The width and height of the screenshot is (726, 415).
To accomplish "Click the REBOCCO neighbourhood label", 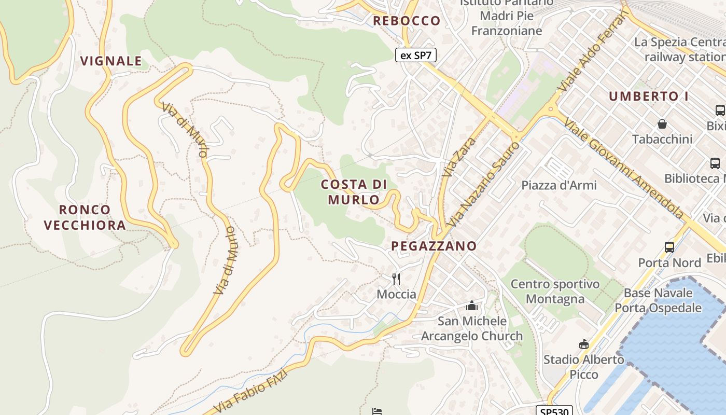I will [407, 21].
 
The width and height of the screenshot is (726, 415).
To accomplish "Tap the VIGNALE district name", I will [111, 61].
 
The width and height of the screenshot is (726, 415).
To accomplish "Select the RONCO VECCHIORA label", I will [85, 217].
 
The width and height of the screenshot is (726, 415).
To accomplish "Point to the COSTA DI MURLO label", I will [354, 192].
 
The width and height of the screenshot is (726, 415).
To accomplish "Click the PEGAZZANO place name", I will [434, 246].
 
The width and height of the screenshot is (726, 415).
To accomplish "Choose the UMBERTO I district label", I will [648, 96].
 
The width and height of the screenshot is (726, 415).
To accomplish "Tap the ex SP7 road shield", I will [415, 55].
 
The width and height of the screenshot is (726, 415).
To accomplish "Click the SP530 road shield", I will [553, 411].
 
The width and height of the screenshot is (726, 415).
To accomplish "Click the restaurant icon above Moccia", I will [396, 279].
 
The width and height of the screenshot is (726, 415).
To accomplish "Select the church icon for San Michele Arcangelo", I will [471, 306].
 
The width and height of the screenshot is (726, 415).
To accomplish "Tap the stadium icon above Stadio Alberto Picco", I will [584, 344].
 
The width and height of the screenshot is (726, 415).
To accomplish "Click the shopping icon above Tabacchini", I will [662, 124].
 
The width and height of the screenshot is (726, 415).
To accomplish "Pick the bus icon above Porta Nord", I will [669, 247].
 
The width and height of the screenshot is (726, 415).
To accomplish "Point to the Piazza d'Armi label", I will [559, 185].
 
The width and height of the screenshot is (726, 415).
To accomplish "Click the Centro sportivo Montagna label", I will [555, 292].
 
